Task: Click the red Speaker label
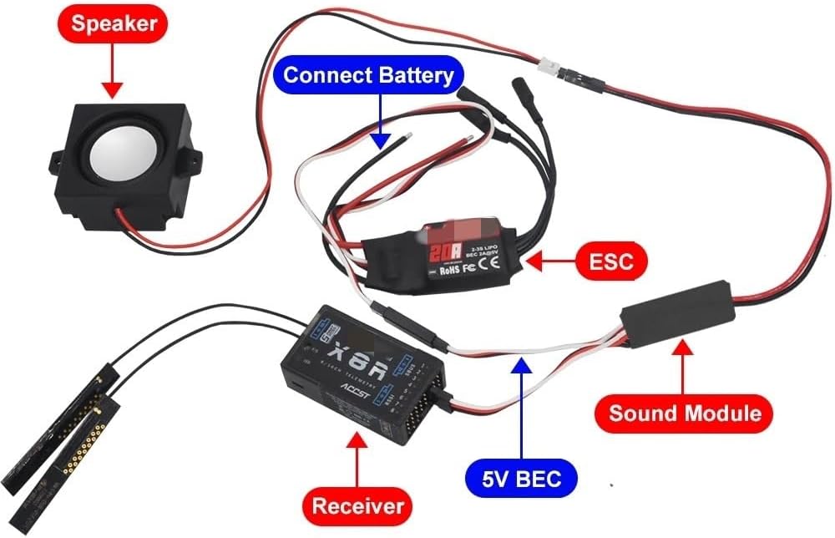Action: point(112,23)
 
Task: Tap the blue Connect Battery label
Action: point(368,75)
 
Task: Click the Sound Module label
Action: point(684,413)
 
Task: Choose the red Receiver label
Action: point(357,505)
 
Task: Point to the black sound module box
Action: point(676,318)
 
